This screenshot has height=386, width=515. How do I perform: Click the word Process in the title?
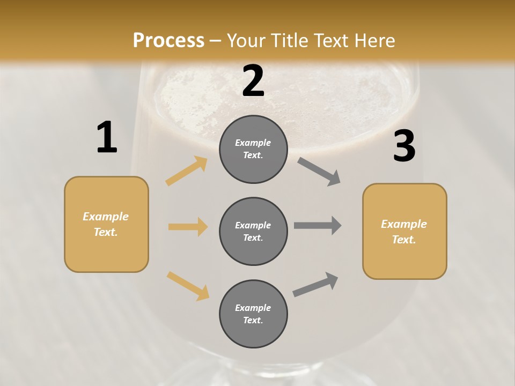(168, 40)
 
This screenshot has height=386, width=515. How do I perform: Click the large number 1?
(107, 138)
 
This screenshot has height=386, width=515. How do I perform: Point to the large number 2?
(253, 81)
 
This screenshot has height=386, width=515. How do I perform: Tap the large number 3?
(404, 146)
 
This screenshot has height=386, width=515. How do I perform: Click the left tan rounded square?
(106, 224)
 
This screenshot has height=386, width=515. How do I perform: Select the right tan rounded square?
(404, 231)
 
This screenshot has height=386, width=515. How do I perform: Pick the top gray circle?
(253, 149)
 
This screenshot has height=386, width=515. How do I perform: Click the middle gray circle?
(253, 231)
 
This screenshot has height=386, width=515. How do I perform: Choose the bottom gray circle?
(253, 314)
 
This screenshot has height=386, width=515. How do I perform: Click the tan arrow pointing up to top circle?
(187, 171)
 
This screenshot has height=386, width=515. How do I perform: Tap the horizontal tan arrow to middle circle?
(188, 227)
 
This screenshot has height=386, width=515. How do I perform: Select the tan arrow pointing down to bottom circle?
(188, 286)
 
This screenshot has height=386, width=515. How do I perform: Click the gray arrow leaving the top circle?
(319, 172)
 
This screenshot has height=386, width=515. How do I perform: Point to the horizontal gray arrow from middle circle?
(318, 226)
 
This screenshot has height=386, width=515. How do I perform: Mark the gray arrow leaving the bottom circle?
(315, 285)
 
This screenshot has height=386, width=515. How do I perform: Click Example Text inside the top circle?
(253, 149)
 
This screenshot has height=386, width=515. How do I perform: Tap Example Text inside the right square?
(404, 232)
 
